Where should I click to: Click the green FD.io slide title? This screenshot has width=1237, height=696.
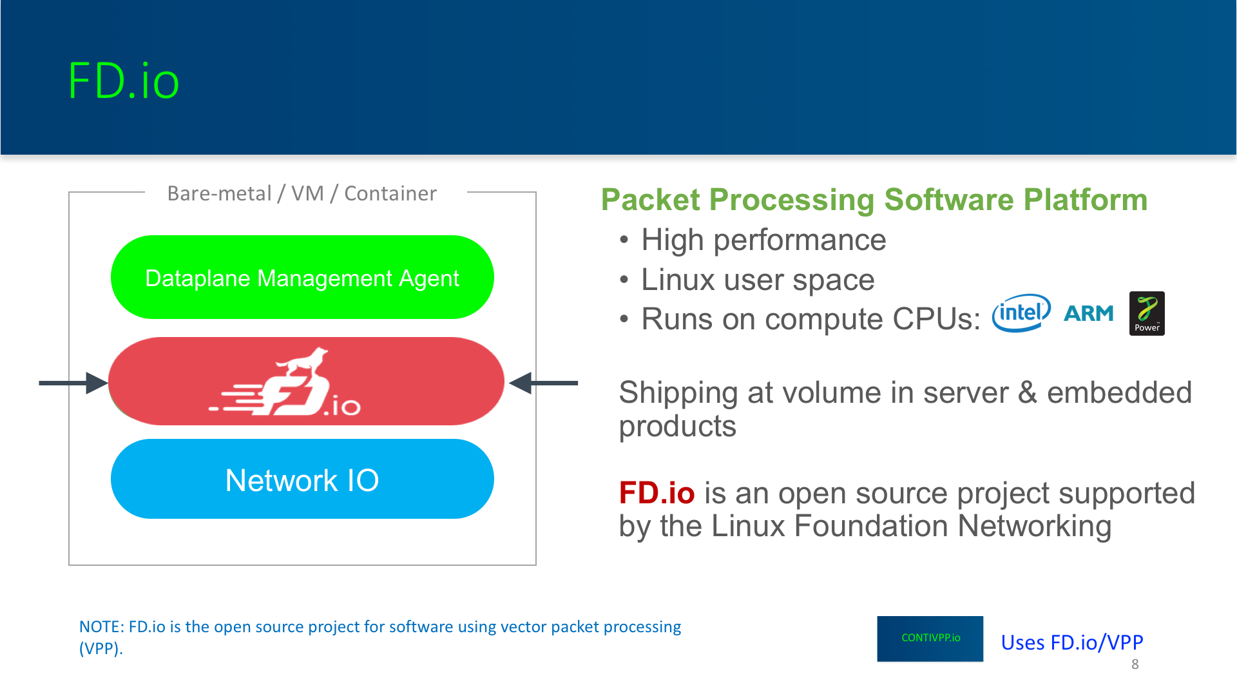click(123, 81)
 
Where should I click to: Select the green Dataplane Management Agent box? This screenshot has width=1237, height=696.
click(302, 277)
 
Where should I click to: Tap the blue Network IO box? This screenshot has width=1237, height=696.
click(302, 479)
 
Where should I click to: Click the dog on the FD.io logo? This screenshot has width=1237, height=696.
click(303, 362)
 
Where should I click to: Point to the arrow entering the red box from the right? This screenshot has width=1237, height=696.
click(543, 383)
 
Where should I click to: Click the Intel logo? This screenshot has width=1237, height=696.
click(1021, 313)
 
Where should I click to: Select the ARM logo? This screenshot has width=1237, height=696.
click(1089, 313)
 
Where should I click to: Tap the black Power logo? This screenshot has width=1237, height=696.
click(1147, 313)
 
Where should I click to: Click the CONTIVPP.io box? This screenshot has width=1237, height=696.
click(930, 639)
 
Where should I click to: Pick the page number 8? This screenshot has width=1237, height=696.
click(1135, 664)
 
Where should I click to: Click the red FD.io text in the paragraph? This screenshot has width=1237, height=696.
click(657, 493)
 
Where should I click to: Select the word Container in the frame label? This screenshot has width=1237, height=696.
click(390, 193)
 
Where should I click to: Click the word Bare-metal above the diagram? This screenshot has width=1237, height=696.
click(219, 193)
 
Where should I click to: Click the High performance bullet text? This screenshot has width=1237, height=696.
click(763, 240)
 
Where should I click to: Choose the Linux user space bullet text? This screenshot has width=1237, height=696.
click(758, 280)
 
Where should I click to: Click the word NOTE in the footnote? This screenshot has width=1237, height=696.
click(101, 626)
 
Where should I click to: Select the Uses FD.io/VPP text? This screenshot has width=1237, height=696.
click(1072, 643)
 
